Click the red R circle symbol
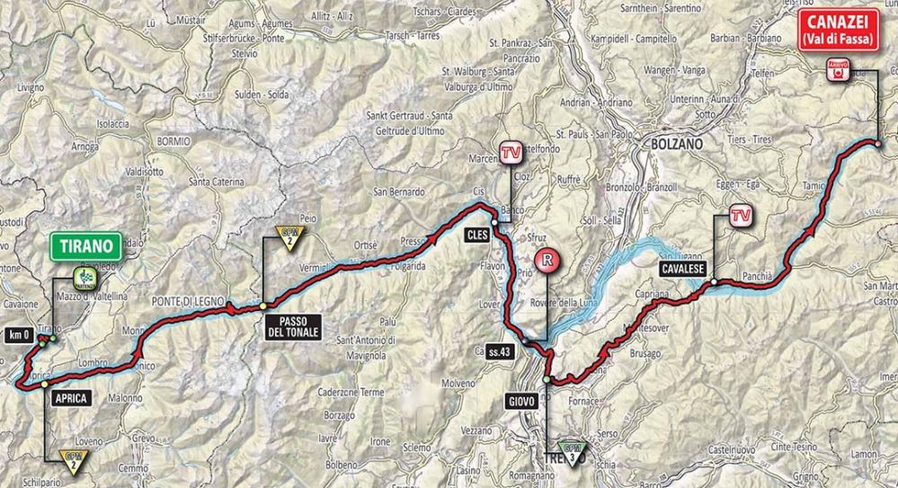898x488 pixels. tap(547, 263)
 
